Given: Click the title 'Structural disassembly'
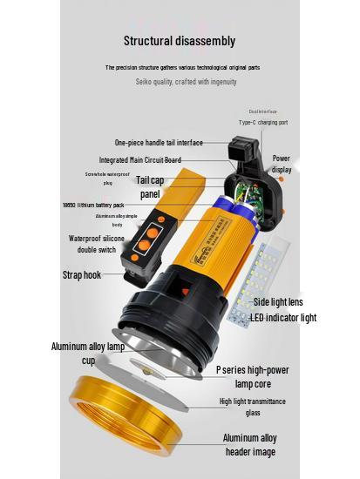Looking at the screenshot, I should coord(179,40).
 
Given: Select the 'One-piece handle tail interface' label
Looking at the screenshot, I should coord(159,142).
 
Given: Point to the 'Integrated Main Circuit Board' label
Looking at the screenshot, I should coord(139,160).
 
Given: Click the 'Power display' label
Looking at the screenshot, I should coord(282,164).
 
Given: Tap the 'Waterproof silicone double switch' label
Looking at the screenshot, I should coord(97,244).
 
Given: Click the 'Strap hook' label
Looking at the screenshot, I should coord(81,275).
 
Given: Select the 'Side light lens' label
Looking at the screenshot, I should coord(277,301).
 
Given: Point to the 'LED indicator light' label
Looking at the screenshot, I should coord(282,318).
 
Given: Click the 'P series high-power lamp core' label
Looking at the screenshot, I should coord(252,375).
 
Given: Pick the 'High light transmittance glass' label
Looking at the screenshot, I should coord(252,407).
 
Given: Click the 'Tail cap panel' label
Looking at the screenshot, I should coord(150,186).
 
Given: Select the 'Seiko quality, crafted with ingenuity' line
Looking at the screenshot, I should coord(186,82).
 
